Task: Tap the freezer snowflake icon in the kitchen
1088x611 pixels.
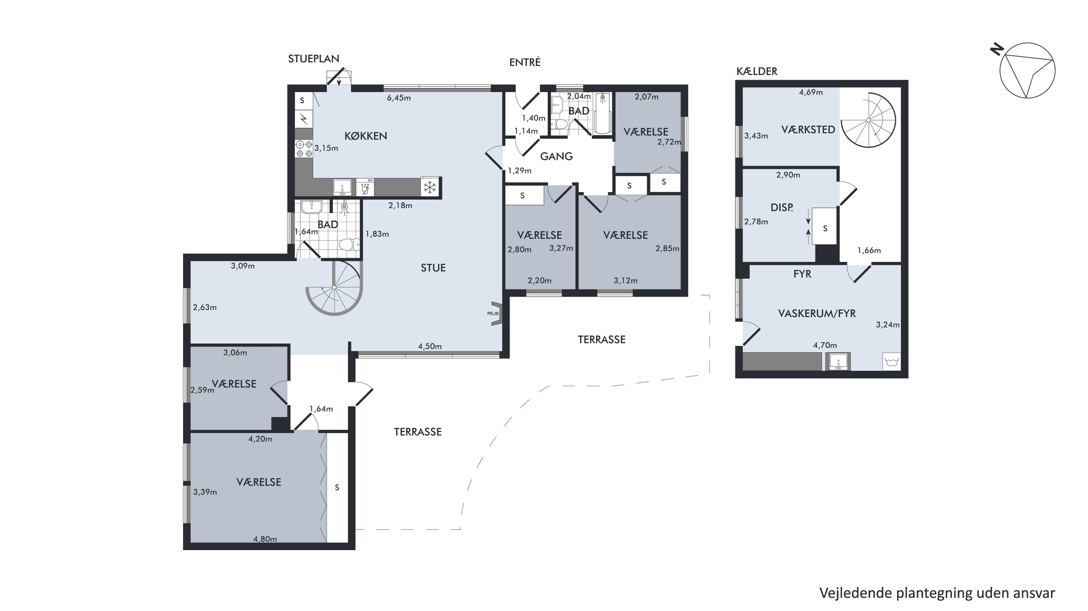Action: coord(430,187)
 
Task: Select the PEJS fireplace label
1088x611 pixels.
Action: coord(492,313)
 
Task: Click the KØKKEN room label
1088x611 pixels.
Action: coord(366,136)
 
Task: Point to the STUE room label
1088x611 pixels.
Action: coord(433,268)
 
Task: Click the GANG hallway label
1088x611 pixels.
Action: coord(556,156)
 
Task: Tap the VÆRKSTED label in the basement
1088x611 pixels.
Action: coord(808,129)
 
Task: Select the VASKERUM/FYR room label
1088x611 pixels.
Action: coord(817,313)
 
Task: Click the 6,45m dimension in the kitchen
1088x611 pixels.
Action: coord(399,98)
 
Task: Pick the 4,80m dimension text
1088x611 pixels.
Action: coord(265,539)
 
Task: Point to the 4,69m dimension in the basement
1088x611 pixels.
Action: coord(810,92)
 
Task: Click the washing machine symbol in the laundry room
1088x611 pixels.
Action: coord(891,362)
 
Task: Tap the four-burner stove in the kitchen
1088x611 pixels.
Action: coord(304,149)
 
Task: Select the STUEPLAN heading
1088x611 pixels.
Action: coord(313,59)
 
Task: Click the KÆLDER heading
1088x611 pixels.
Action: coord(757,71)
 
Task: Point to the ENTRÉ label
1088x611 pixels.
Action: coord(525,62)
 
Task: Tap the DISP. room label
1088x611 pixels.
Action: coord(782,207)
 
